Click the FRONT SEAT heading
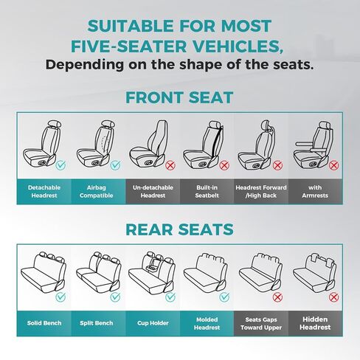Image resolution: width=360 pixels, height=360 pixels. (x=179, y=97)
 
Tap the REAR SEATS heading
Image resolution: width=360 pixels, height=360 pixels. (x=179, y=229)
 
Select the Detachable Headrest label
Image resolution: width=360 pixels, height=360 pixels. (x=44, y=192)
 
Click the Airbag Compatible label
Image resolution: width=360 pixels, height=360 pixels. (x=97, y=192)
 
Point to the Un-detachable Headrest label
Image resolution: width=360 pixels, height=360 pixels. (x=153, y=192)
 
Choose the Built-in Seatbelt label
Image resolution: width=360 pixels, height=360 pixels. (x=207, y=192)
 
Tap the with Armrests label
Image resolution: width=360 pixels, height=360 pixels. (x=315, y=192)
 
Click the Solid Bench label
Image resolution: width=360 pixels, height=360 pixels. (x=44, y=323)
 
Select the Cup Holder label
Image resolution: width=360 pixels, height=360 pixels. (x=153, y=323)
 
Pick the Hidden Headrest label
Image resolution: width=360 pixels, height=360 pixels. (x=315, y=323)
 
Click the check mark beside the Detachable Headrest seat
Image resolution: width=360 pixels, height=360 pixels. (x=60, y=165)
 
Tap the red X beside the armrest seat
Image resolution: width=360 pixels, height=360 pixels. (x=333, y=165)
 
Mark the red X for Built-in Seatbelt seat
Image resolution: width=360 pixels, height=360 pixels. (x=224, y=165)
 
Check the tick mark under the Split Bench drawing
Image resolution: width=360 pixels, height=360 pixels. (x=115, y=297)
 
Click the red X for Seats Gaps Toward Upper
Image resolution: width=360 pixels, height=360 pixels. (x=277, y=297)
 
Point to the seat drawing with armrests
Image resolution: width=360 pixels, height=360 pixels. (x=313, y=145)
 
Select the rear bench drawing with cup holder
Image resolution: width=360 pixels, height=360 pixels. (x=152, y=272)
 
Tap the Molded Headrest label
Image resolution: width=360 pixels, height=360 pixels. (x=207, y=323)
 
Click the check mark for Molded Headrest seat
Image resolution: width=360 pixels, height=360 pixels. (x=224, y=297)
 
